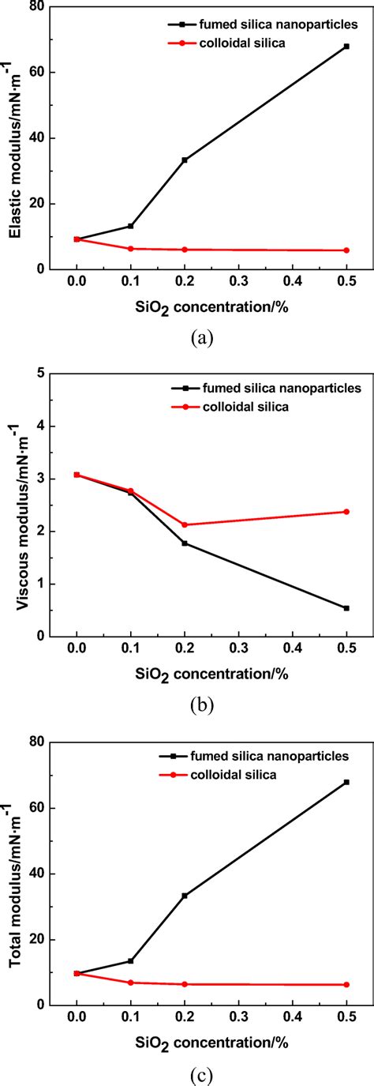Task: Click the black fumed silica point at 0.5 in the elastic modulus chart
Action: (346, 47)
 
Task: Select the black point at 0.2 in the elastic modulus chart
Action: (185, 160)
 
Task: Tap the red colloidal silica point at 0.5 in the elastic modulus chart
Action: (346, 250)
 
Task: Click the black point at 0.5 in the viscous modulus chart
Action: (346, 608)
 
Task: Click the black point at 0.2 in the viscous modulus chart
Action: (185, 543)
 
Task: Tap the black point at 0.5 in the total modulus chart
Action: (346, 782)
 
